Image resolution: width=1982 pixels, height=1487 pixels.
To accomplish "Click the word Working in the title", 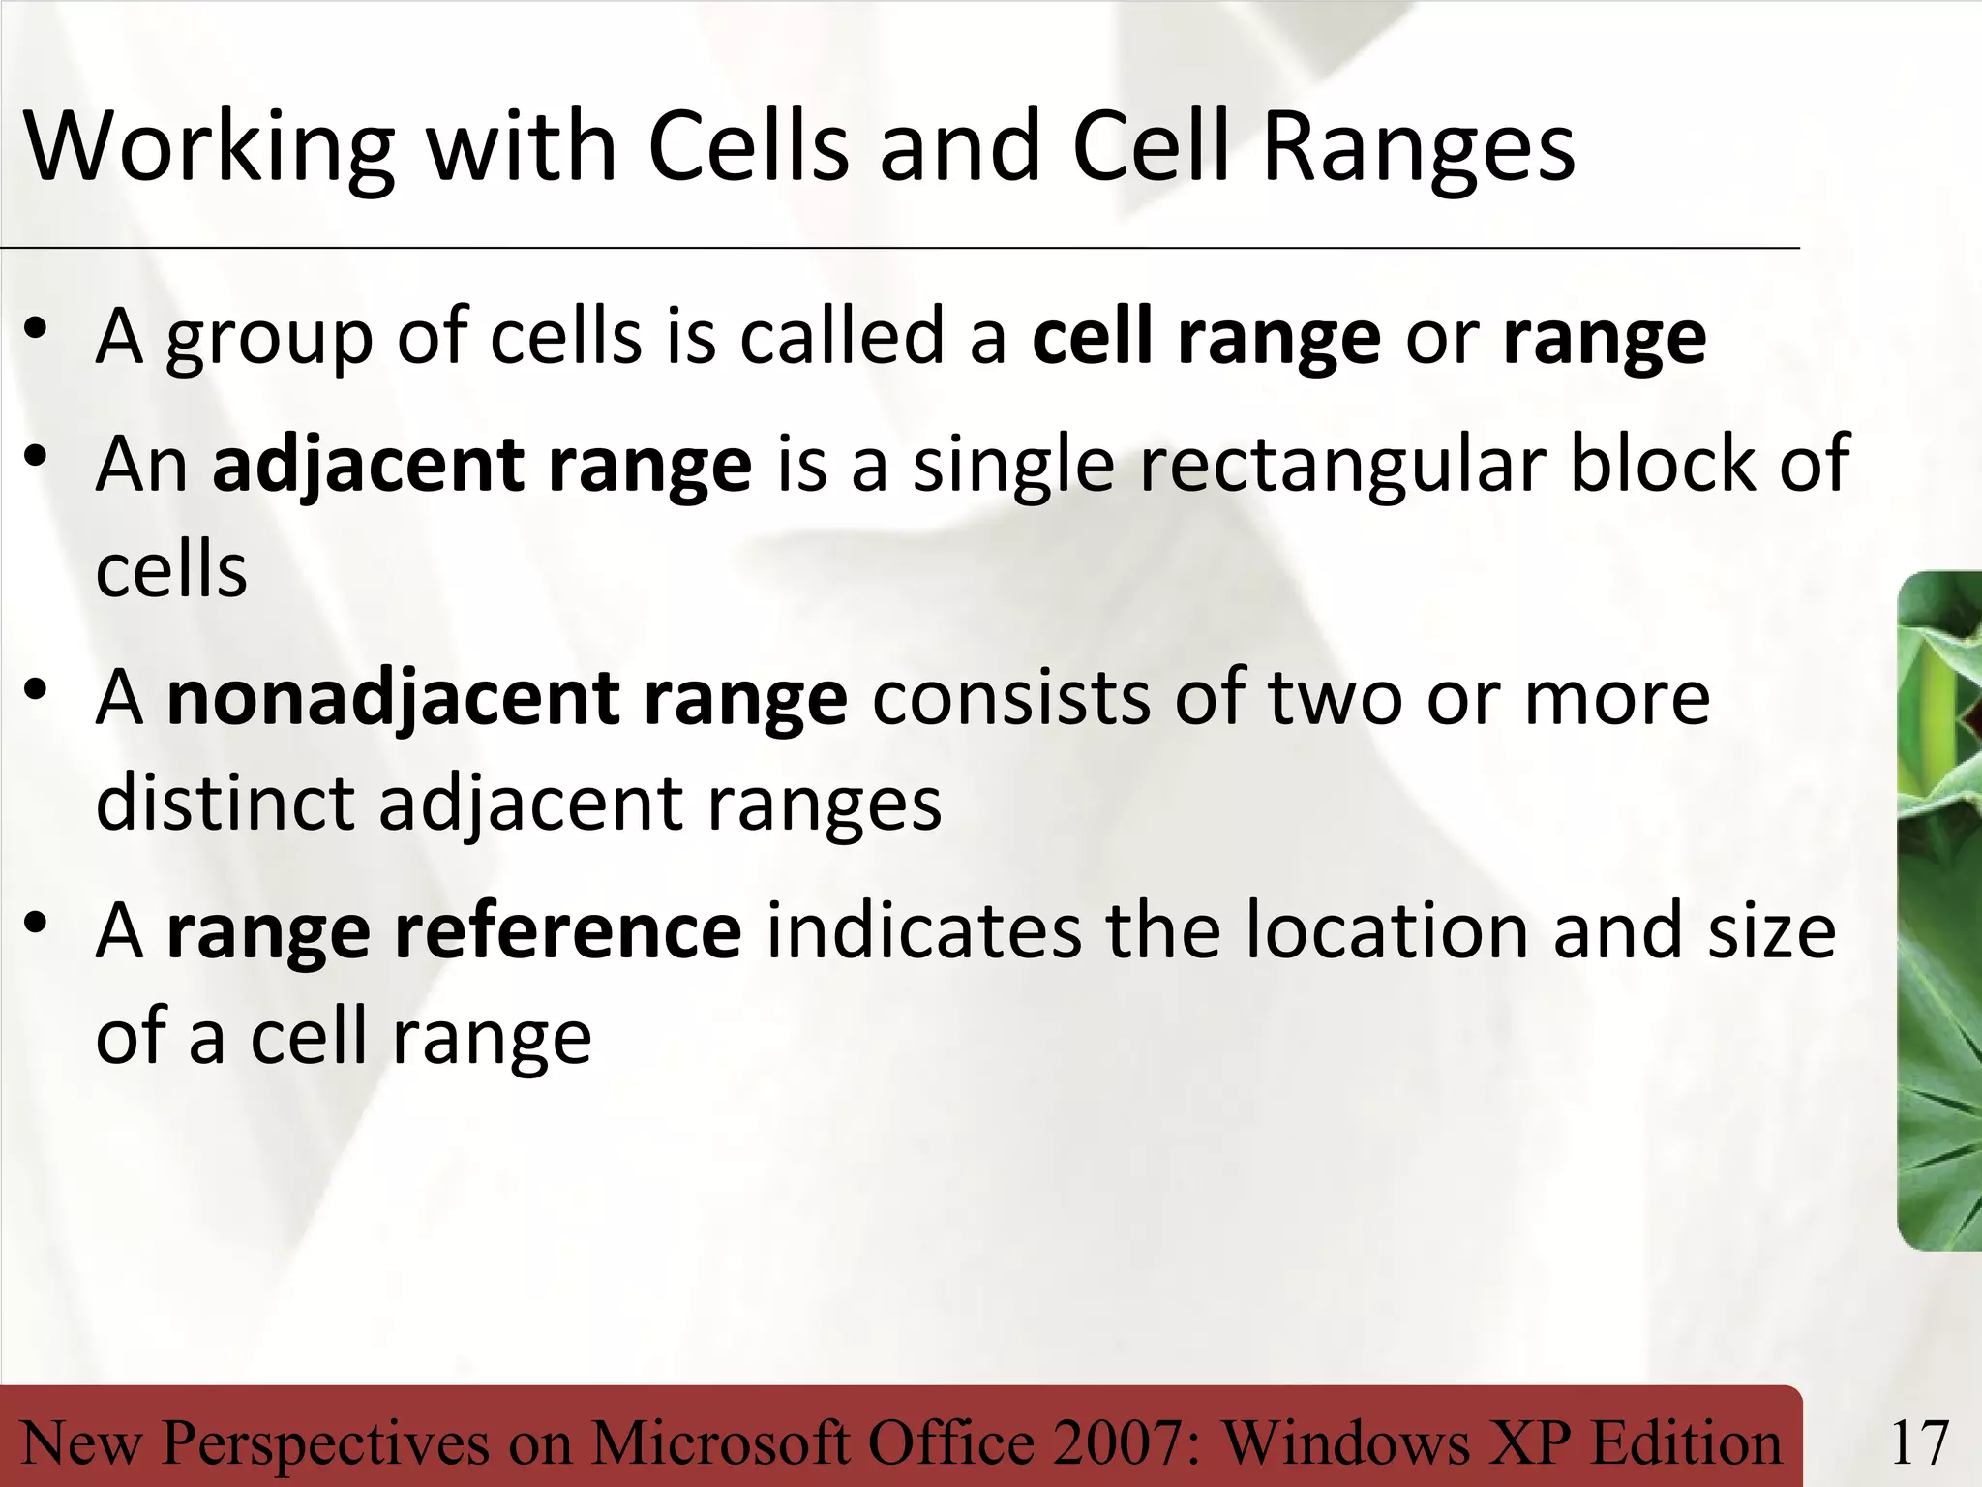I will [209, 147].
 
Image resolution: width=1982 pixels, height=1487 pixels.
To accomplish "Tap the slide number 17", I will [1919, 1442].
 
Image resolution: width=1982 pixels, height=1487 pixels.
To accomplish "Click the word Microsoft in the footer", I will [722, 1442].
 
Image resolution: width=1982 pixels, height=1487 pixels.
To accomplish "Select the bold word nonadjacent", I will [392, 699].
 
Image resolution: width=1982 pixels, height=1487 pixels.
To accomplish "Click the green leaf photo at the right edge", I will [1939, 910].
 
